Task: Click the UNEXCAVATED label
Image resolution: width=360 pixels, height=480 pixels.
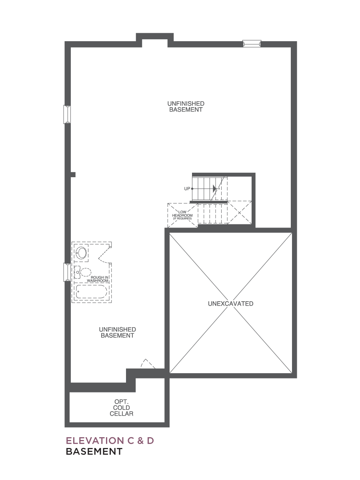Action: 231,304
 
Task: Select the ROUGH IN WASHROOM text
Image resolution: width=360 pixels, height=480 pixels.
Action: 98,279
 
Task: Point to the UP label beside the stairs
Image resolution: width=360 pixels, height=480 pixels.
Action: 187,188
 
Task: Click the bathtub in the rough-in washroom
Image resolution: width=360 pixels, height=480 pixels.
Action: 91,292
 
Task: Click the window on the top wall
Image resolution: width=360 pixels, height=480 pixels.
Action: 252,44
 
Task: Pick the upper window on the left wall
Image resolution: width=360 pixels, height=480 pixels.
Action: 67,114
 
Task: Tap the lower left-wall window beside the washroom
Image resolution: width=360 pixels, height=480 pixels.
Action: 67,272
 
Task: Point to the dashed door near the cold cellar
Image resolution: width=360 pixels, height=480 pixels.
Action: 148,364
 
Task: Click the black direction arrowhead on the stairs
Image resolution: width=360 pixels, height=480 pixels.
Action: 215,188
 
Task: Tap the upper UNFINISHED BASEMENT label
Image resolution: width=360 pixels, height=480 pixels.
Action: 186,106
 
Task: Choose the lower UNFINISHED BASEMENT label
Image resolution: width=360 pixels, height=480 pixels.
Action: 117,332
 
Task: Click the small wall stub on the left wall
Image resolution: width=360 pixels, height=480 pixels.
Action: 73,175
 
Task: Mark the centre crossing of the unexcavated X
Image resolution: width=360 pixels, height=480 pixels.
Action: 231,303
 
